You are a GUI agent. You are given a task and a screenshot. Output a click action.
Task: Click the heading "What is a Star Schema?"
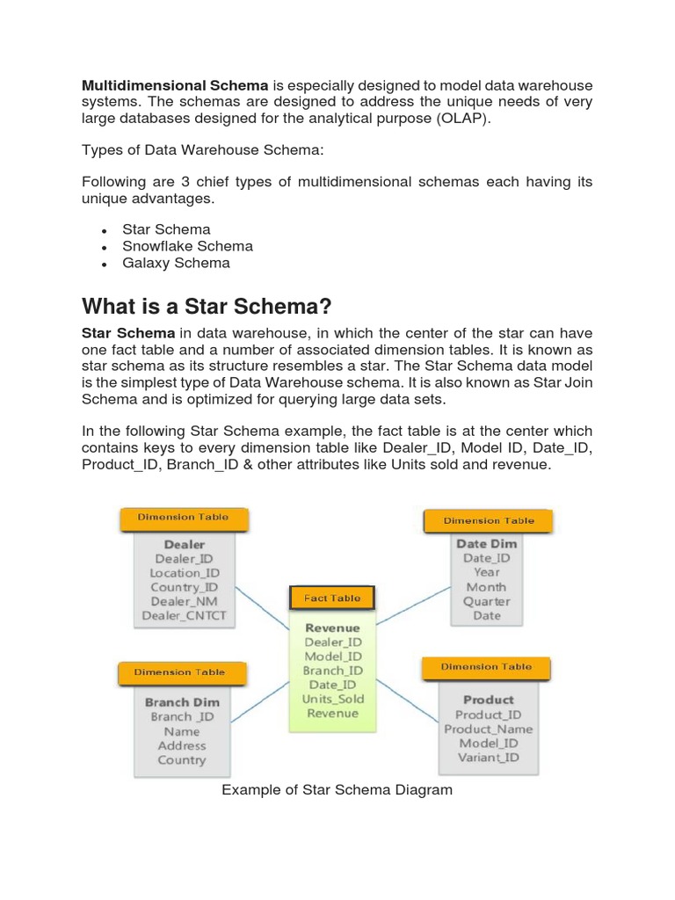tap(207, 307)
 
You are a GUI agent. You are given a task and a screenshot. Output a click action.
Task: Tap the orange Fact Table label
tap(332, 599)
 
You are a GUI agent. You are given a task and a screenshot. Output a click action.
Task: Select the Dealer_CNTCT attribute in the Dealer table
tap(185, 616)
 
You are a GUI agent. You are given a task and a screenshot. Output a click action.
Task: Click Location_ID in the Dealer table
tap(185, 573)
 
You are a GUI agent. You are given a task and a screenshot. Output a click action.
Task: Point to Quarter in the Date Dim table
tap(487, 601)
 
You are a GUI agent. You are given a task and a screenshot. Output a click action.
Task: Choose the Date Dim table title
tap(487, 543)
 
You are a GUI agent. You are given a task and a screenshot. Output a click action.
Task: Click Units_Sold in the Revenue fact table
tap(332, 699)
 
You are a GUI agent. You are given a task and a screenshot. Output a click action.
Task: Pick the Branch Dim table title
tap(182, 702)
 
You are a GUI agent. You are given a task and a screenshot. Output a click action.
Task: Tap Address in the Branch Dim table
tap(182, 745)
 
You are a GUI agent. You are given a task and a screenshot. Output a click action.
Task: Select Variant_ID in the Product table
tap(488, 758)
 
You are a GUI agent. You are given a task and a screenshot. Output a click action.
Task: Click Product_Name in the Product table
tap(488, 729)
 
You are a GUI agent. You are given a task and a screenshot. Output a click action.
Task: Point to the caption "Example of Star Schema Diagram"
tap(337, 789)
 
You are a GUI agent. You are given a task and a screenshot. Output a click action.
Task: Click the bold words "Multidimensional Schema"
tap(175, 85)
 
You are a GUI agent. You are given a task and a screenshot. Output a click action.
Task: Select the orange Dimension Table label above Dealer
tap(183, 518)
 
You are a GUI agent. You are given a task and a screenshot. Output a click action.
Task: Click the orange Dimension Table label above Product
tap(486, 667)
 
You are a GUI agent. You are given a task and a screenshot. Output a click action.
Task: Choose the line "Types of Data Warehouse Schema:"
tap(203, 150)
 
